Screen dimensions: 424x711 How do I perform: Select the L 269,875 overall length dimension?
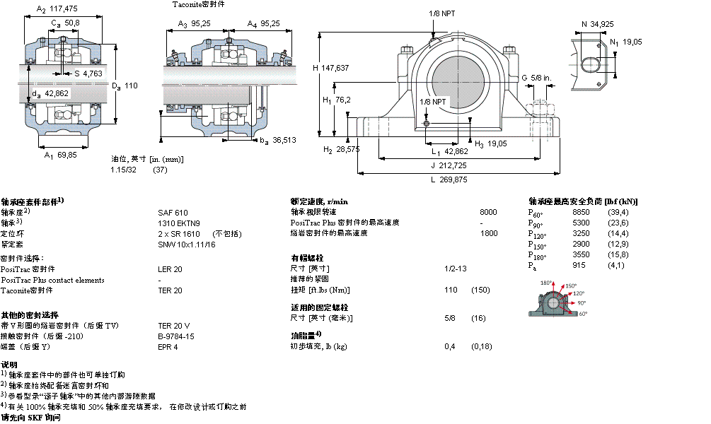click(x=449, y=179)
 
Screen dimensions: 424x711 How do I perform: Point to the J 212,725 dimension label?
click(x=449, y=165)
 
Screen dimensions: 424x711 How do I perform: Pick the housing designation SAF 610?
click(x=173, y=212)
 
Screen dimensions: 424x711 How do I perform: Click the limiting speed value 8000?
click(x=488, y=212)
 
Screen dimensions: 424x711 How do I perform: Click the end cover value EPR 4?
click(x=168, y=346)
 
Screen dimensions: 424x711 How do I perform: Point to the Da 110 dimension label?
click(x=124, y=86)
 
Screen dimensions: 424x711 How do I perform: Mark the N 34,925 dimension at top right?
click(x=597, y=25)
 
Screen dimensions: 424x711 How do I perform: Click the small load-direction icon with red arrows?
click(x=555, y=299)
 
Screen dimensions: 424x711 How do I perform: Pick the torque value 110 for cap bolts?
click(x=451, y=290)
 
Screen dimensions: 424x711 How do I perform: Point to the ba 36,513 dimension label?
click(x=277, y=141)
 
